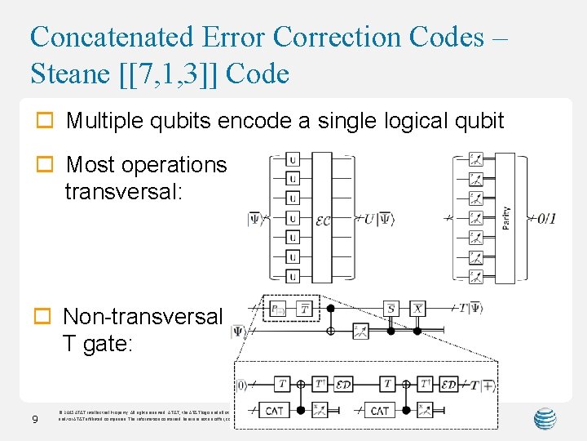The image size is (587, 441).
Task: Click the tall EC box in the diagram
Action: tap(322, 217)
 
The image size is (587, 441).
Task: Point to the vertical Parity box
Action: tap(505, 217)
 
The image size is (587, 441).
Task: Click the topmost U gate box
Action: tap(293, 159)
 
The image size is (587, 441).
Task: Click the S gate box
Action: tap(391, 308)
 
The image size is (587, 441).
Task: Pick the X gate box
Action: tap(417, 308)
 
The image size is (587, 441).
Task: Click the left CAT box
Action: tap(275, 410)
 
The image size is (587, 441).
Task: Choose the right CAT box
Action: tap(380, 410)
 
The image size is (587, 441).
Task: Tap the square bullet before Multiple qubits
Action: tap(46, 122)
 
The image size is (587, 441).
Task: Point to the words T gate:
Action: tap(97, 344)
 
